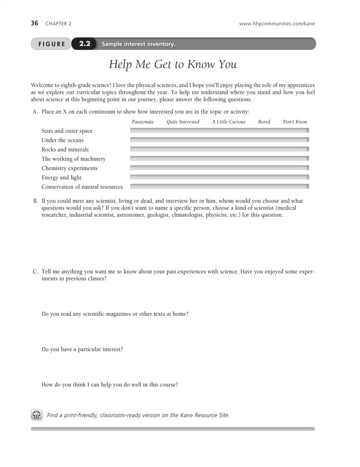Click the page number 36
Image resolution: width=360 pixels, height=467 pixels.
click(35, 23)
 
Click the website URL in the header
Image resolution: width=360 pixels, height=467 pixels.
click(277, 23)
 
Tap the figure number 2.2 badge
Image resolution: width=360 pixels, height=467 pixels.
click(84, 44)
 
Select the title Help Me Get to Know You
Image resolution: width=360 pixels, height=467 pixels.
click(173, 65)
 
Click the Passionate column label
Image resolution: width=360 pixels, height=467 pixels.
click(143, 122)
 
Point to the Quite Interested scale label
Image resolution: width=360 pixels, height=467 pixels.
click(183, 122)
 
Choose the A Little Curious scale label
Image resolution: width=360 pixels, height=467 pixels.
click(229, 122)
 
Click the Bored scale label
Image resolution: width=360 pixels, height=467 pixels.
click(264, 122)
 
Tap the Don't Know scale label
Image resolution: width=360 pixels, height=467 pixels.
click(295, 122)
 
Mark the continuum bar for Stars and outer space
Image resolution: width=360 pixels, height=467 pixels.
click(219, 131)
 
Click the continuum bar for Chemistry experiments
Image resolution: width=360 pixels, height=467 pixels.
click(219, 168)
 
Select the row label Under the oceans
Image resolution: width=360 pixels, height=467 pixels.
click(63, 140)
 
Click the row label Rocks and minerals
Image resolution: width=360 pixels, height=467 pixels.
click(65, 150)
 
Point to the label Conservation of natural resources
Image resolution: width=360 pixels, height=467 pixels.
click(82, 187)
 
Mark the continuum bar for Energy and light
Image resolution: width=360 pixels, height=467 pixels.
click(219, 177)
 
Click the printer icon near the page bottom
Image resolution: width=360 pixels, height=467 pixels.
click(36, 414)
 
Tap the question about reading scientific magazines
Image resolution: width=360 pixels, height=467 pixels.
click(115, 314)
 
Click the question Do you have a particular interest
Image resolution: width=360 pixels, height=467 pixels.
click(82, 349)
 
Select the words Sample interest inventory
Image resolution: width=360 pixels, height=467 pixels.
click(139, 44)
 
